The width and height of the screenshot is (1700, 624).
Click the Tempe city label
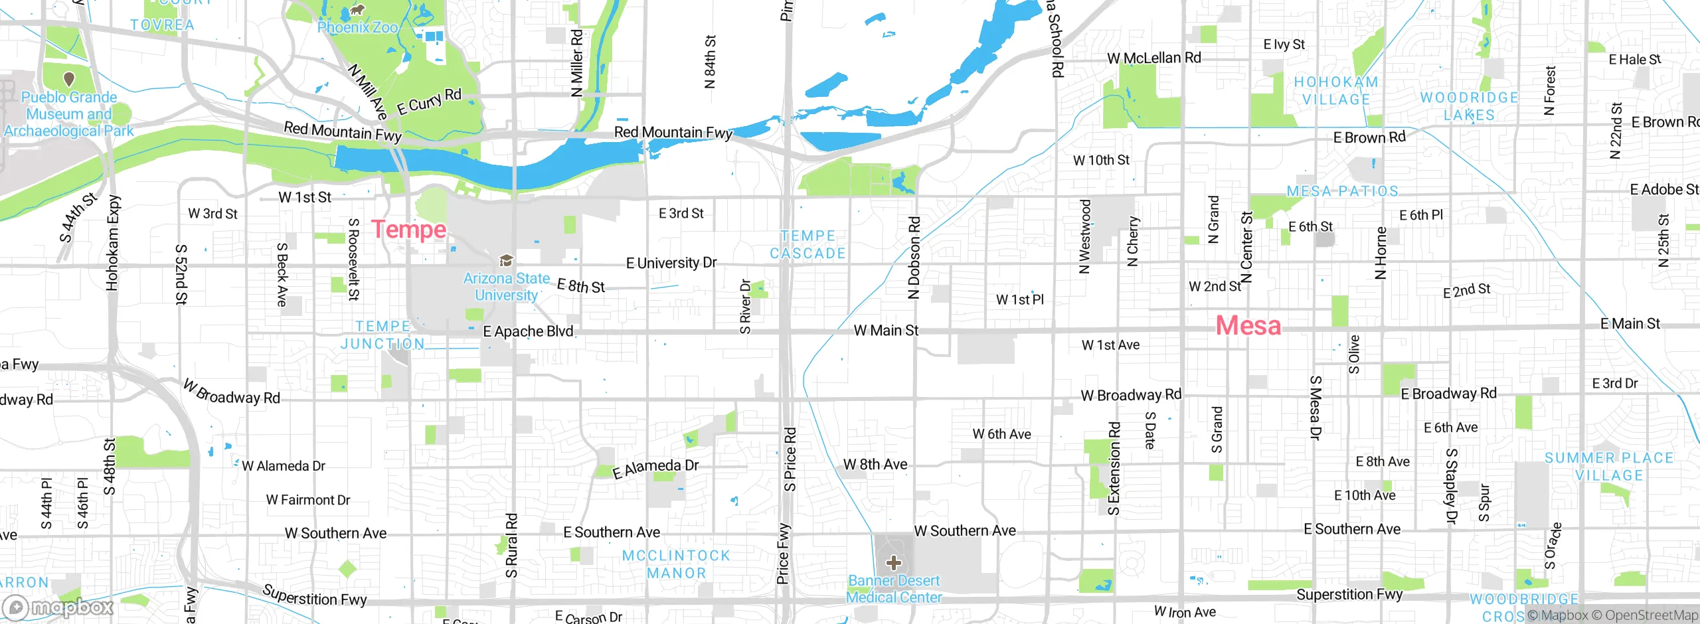(408, 230)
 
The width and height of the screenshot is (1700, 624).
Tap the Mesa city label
(1248, 325)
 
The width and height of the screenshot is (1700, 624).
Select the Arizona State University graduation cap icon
(506, 260)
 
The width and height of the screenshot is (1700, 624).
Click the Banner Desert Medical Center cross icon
(893, 563)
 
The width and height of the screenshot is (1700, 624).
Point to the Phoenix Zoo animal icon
(357, 10)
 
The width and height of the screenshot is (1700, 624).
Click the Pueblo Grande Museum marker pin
(68, 80)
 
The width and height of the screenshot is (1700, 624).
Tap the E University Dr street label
(671, 263)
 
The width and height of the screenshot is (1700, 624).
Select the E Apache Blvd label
(528, 331)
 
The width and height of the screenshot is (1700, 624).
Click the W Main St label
(885, 330)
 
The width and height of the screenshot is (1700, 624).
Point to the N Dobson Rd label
(914, 258)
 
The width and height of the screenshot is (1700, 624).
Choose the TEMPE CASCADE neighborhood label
(807, 244)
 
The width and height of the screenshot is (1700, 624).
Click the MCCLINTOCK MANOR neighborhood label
(676, 564)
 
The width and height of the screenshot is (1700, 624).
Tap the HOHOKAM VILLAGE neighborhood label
(1336, 90)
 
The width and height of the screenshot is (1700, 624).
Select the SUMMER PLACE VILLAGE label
(1608, 466)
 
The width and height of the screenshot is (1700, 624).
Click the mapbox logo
(58, 607)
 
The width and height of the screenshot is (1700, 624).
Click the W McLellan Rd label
(1153, 58)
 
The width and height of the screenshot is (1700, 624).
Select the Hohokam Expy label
(112, 242)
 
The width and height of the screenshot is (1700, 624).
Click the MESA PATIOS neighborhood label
(1342, 191)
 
